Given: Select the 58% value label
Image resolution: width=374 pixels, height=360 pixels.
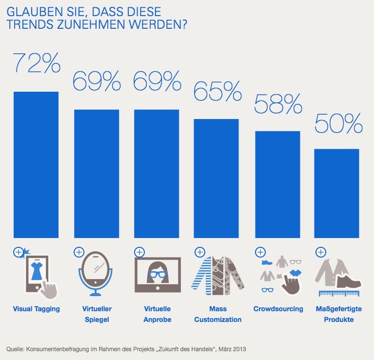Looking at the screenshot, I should pyautogui.click(x=278, y=103).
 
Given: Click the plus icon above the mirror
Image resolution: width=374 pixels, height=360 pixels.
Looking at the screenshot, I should pyautogui.click(x=79, y=252).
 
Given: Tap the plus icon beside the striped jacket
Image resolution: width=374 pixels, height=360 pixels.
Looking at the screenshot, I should pyautogui.click(x=199, y=252).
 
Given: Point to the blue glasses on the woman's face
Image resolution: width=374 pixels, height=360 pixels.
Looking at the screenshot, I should pyautogui.click(x=157, y=274).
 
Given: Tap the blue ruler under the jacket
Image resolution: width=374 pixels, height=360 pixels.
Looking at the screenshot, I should pyautogui.click(x=338, y=294).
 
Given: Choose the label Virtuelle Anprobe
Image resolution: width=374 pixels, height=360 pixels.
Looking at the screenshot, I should pyautogui.click(x=157, y=314).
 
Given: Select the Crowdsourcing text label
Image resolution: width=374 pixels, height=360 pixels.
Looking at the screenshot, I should pyautogui.click(x=278, y=309).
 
